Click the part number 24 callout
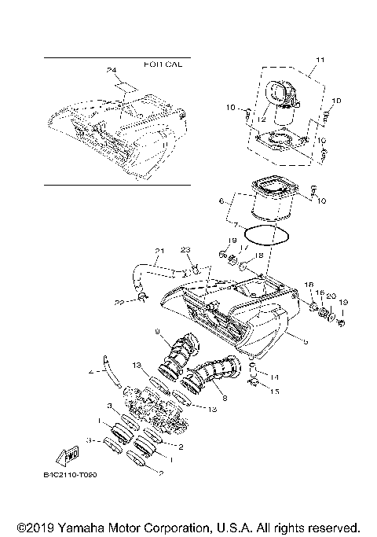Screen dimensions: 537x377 (110, 70)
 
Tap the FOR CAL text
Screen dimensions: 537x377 (163, 64)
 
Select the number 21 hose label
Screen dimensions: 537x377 (159, 252)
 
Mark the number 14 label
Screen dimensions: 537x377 (274, 377)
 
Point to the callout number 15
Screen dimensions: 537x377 (274, 391)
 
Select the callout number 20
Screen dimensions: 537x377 (331, 295)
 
